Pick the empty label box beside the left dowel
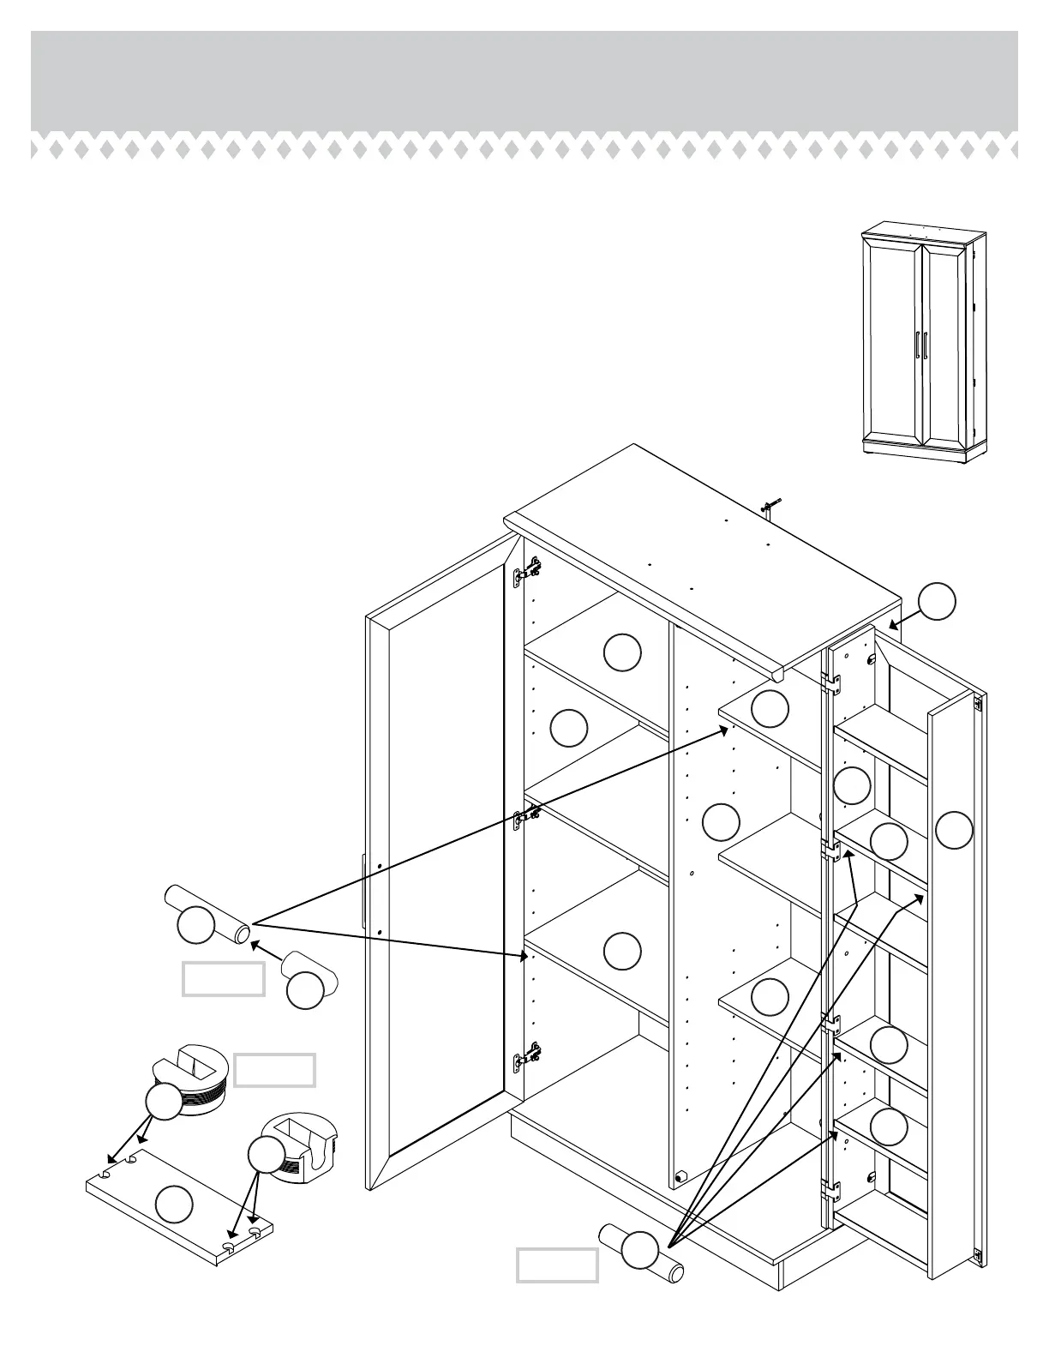[223, 979]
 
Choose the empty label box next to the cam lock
[274, 1070]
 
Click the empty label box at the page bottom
[557, 1265]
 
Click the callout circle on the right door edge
[954, 831]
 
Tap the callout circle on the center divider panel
[721, 822]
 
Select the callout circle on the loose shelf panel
[175, 1205]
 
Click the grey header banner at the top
[524, 81]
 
